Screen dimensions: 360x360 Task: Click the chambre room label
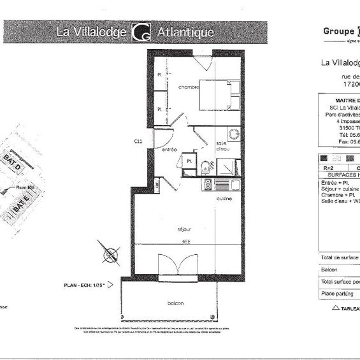tap(189, 87)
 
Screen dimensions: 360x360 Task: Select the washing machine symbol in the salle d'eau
tap(233, 135)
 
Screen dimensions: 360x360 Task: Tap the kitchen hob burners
tap(208, 185)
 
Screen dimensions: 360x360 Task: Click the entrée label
tap(169, 149)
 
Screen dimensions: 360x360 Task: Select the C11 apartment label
tap(137, 141)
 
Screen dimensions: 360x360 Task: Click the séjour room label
tap(185, 227)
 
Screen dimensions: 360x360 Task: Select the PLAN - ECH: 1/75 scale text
tap(87, 285)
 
